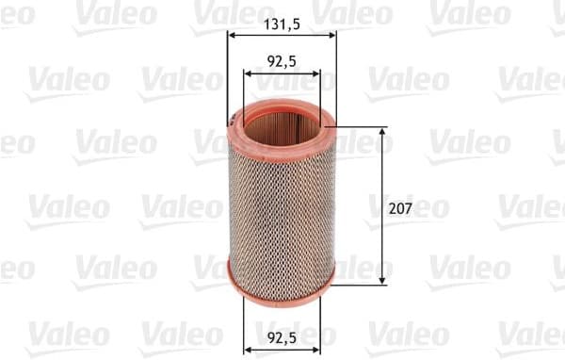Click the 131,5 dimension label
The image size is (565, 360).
282,25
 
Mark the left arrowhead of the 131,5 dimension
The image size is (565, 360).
232,36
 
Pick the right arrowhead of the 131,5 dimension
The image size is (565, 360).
331,36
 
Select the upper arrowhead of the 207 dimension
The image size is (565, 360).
382,133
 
